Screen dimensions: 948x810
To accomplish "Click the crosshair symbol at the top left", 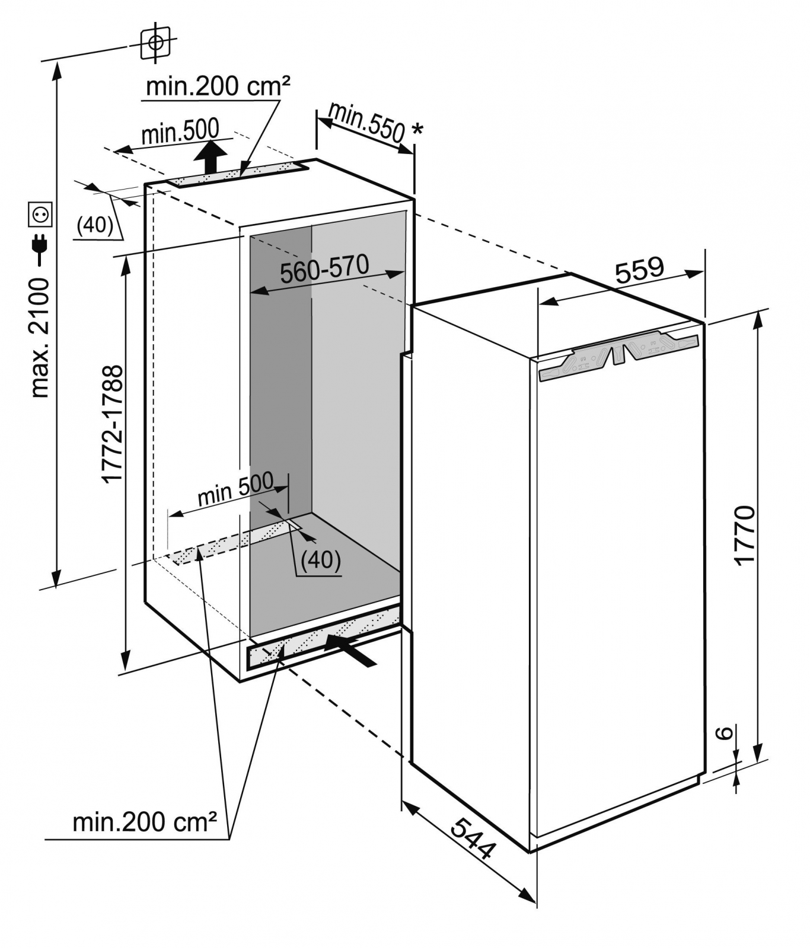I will (x=155, y=42).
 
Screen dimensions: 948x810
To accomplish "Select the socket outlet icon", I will (x=42, y=214).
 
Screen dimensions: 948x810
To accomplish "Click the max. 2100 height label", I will (x=40, y=338).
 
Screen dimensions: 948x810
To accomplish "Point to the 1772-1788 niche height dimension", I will (x=112, y=424).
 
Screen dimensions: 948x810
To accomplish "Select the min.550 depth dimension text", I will (x=366, y=123).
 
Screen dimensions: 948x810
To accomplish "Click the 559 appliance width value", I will (x=639, y=270).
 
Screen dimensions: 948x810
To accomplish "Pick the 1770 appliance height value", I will (x=744, y=536).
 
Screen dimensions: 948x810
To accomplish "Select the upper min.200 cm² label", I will (x=218, y=87).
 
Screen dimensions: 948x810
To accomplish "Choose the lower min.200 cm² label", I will (x=145, y=822).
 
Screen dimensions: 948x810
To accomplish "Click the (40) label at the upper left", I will (x=95, y=225).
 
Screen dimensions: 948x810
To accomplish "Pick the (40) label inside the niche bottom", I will (x=321, y=559).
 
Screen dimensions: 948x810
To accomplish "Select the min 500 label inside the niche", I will (x=235, y=489).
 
